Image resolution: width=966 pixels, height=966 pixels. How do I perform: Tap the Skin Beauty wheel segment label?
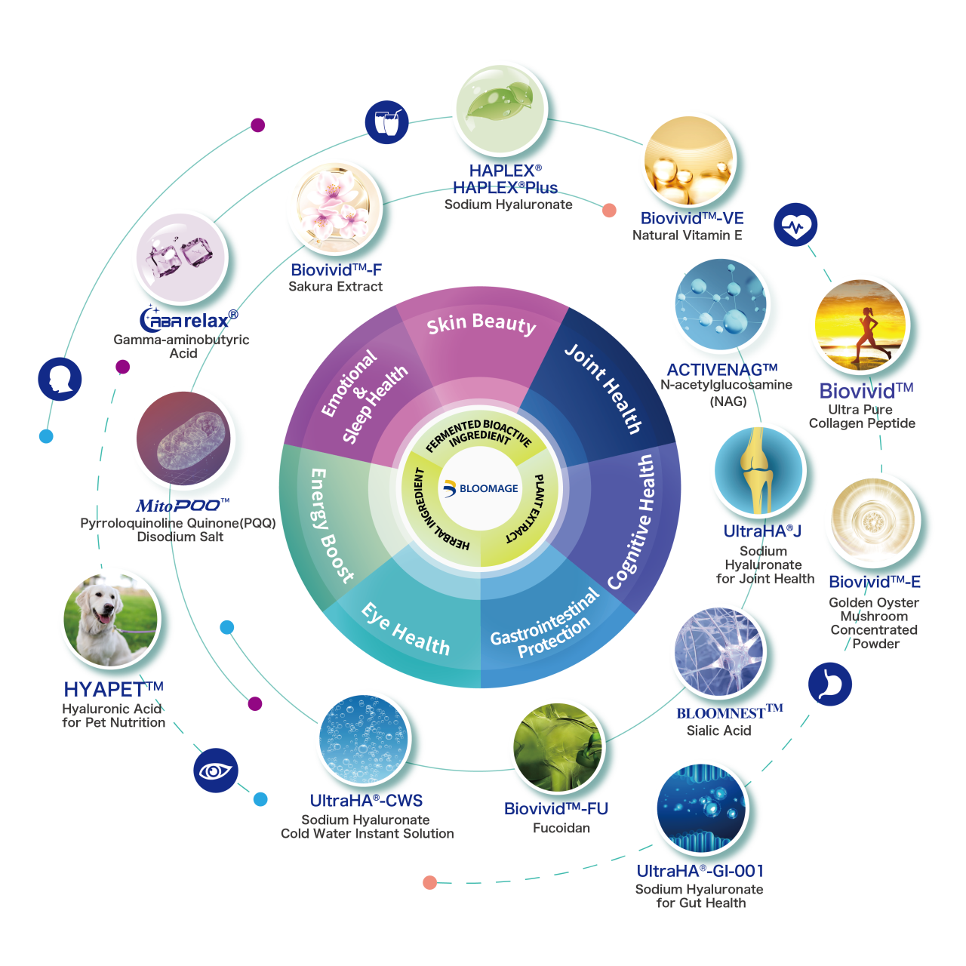pyautogui.click(x=481, y=324)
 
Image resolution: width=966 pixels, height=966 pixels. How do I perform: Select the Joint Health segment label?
pyautogui.click(x=604, y=389)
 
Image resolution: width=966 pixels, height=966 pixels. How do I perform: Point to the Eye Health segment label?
pyautogui.click(x=405, y=629)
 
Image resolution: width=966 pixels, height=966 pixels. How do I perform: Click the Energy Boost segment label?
pyautogui.click(x=331, y=526)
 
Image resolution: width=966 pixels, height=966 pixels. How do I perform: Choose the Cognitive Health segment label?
pyautogui.click(x=632, y=521)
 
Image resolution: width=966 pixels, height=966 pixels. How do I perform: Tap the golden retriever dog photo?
pyautogui.click(x=110, y=620)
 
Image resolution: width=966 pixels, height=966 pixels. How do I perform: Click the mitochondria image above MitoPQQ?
pyautogui.click(x=183, y=438)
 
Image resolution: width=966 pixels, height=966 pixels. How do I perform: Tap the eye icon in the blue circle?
pyautogui.click(x=216, y=771)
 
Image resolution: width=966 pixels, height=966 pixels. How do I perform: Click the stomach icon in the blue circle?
pyautogui.click(x=829, y=685)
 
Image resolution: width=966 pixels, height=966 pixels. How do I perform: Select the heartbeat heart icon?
pyautogui.click(x=795, y=225)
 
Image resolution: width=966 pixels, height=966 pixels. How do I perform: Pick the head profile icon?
pyautogui.click(x=60, y=379)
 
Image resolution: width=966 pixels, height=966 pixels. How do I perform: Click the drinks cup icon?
pyautogui.click(x=386, y=122)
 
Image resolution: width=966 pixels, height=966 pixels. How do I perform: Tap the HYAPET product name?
pyautogui.click(x=114, y=689)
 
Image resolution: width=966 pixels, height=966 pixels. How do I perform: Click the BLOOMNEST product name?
pyautogui.click(x=729, y=712)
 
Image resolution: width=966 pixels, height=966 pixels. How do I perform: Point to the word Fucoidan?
pyautogui.click(x=561, y=828)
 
